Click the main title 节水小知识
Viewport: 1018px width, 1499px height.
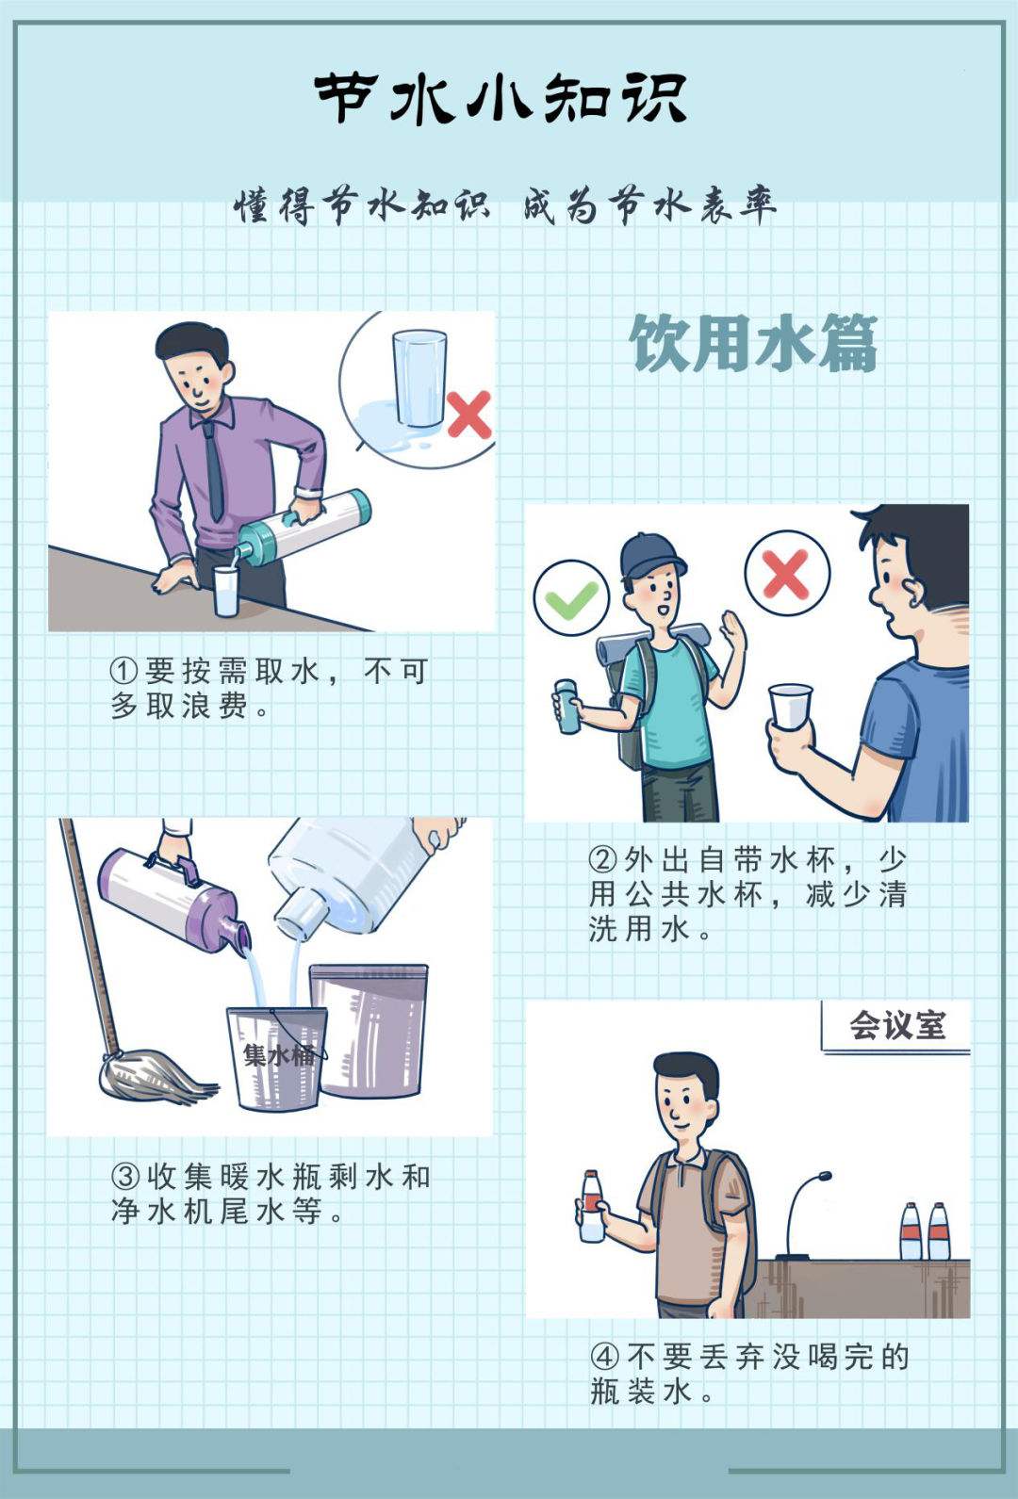click(501, 98)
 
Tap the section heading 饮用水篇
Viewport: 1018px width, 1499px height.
click(753, 344)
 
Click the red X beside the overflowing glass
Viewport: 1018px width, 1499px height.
click(468, 415)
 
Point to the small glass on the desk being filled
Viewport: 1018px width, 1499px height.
click(226, 591)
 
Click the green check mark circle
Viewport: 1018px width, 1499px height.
click(571, 599)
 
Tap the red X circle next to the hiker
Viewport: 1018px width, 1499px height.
click(786, 573)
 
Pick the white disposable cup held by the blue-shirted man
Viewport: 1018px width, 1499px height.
click(789, 707)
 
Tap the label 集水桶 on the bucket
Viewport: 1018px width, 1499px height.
click(278, 1054)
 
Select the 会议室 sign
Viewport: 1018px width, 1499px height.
click(896, 1025)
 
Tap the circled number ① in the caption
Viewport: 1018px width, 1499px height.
click(124, 671)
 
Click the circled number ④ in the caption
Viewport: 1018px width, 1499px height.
click(604, 1357)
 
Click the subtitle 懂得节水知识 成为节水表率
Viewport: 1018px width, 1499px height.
click(505, 205)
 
